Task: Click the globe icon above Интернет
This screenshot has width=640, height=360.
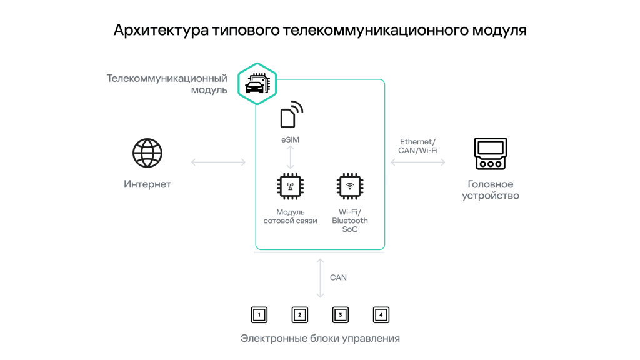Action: (x=147, y=153)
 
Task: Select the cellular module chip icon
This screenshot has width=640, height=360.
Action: (x=290, y=186)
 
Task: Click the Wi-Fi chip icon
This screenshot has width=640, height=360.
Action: (x=350, y=186)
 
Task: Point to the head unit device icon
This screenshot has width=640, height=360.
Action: (x=491, y=154)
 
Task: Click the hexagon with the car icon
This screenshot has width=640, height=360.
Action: (x=257, y=84)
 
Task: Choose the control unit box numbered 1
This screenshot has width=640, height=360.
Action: (x=259, y=315)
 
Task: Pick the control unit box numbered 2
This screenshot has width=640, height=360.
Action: (x=300, y=315)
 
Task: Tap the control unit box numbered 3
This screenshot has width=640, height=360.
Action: (x=341, y=315)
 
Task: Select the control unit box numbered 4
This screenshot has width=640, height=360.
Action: (x=381, y=315)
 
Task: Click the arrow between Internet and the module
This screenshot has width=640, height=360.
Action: (x=218, y=162)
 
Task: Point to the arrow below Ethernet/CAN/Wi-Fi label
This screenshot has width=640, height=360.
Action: (x=418, y=162)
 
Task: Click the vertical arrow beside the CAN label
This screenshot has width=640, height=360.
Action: (x=321, y=278)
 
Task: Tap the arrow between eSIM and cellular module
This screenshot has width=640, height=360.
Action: (x=290, y=157)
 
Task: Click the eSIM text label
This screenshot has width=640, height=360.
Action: (x=290, y=139)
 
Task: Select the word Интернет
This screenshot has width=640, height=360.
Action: (x=147, y=184)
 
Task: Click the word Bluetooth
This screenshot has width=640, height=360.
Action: (x=350, y=221)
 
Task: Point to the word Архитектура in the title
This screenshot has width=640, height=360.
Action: (x=161, y=31)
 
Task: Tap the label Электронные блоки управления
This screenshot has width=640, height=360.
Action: (x=320, y=338)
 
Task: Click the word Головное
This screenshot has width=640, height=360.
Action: (x=491, y=184)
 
